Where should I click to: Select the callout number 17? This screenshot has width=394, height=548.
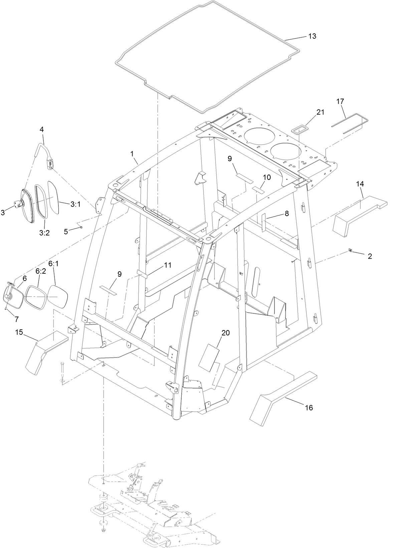point(340,101)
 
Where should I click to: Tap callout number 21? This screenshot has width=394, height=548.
point(320,112)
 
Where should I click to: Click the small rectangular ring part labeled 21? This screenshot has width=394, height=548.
point(299,129)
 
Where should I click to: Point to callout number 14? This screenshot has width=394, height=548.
point(360,184)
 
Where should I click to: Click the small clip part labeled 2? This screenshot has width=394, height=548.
point(351,250)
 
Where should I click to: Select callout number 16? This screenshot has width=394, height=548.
point(309,407)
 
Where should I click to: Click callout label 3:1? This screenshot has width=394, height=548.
point(75,205)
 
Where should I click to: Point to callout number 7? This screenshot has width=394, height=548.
point(16,319)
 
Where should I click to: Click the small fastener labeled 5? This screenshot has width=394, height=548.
point(81,228)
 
